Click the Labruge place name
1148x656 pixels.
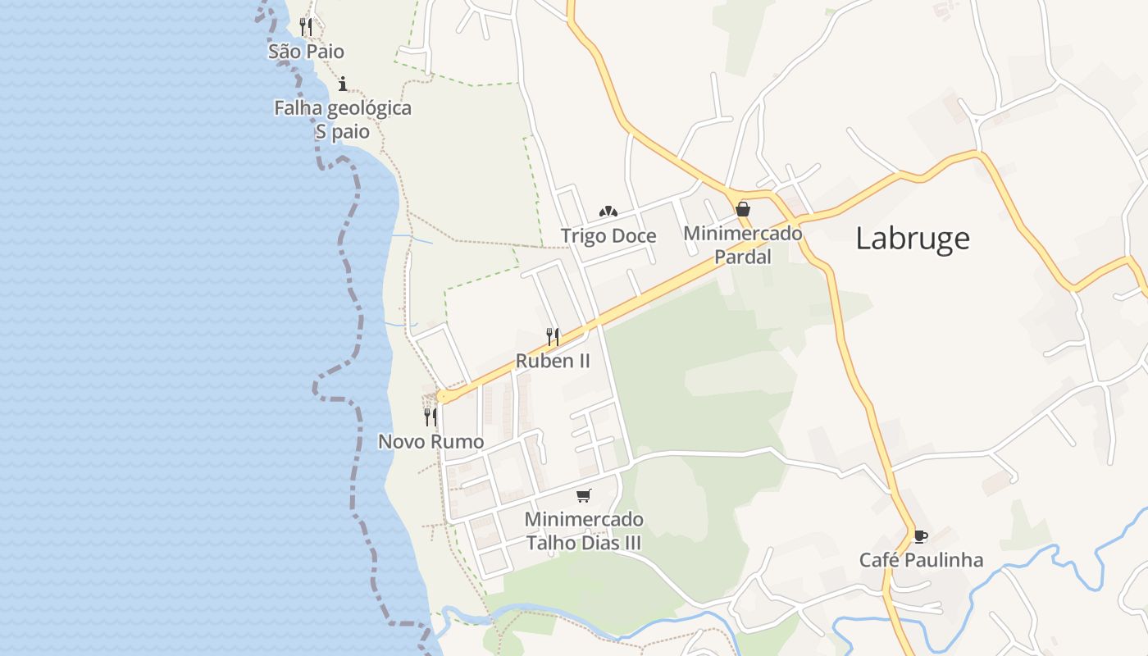[913, 238]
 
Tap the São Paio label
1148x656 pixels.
[306, 52]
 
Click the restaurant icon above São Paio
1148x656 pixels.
[306, 27]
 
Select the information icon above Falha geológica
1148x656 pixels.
[343, 83]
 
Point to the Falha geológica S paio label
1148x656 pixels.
[343, 120]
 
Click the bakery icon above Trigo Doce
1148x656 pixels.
[608, 212]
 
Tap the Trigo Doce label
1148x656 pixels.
[608, 236]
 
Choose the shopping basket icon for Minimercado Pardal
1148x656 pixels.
[743, 209]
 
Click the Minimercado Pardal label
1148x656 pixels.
[743, 244]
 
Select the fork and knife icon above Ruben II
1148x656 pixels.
[553, 336]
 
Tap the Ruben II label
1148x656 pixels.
[553, 361]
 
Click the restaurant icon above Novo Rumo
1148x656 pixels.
[430, 417]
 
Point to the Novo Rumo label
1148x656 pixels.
[430, 442]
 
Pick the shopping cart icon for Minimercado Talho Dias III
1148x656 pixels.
[584, 495]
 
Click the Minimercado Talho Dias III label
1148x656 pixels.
[584, 531]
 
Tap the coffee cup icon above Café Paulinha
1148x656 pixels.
[921, 536]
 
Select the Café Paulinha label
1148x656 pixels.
[921, 560]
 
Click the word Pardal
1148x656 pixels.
[743, 257]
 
